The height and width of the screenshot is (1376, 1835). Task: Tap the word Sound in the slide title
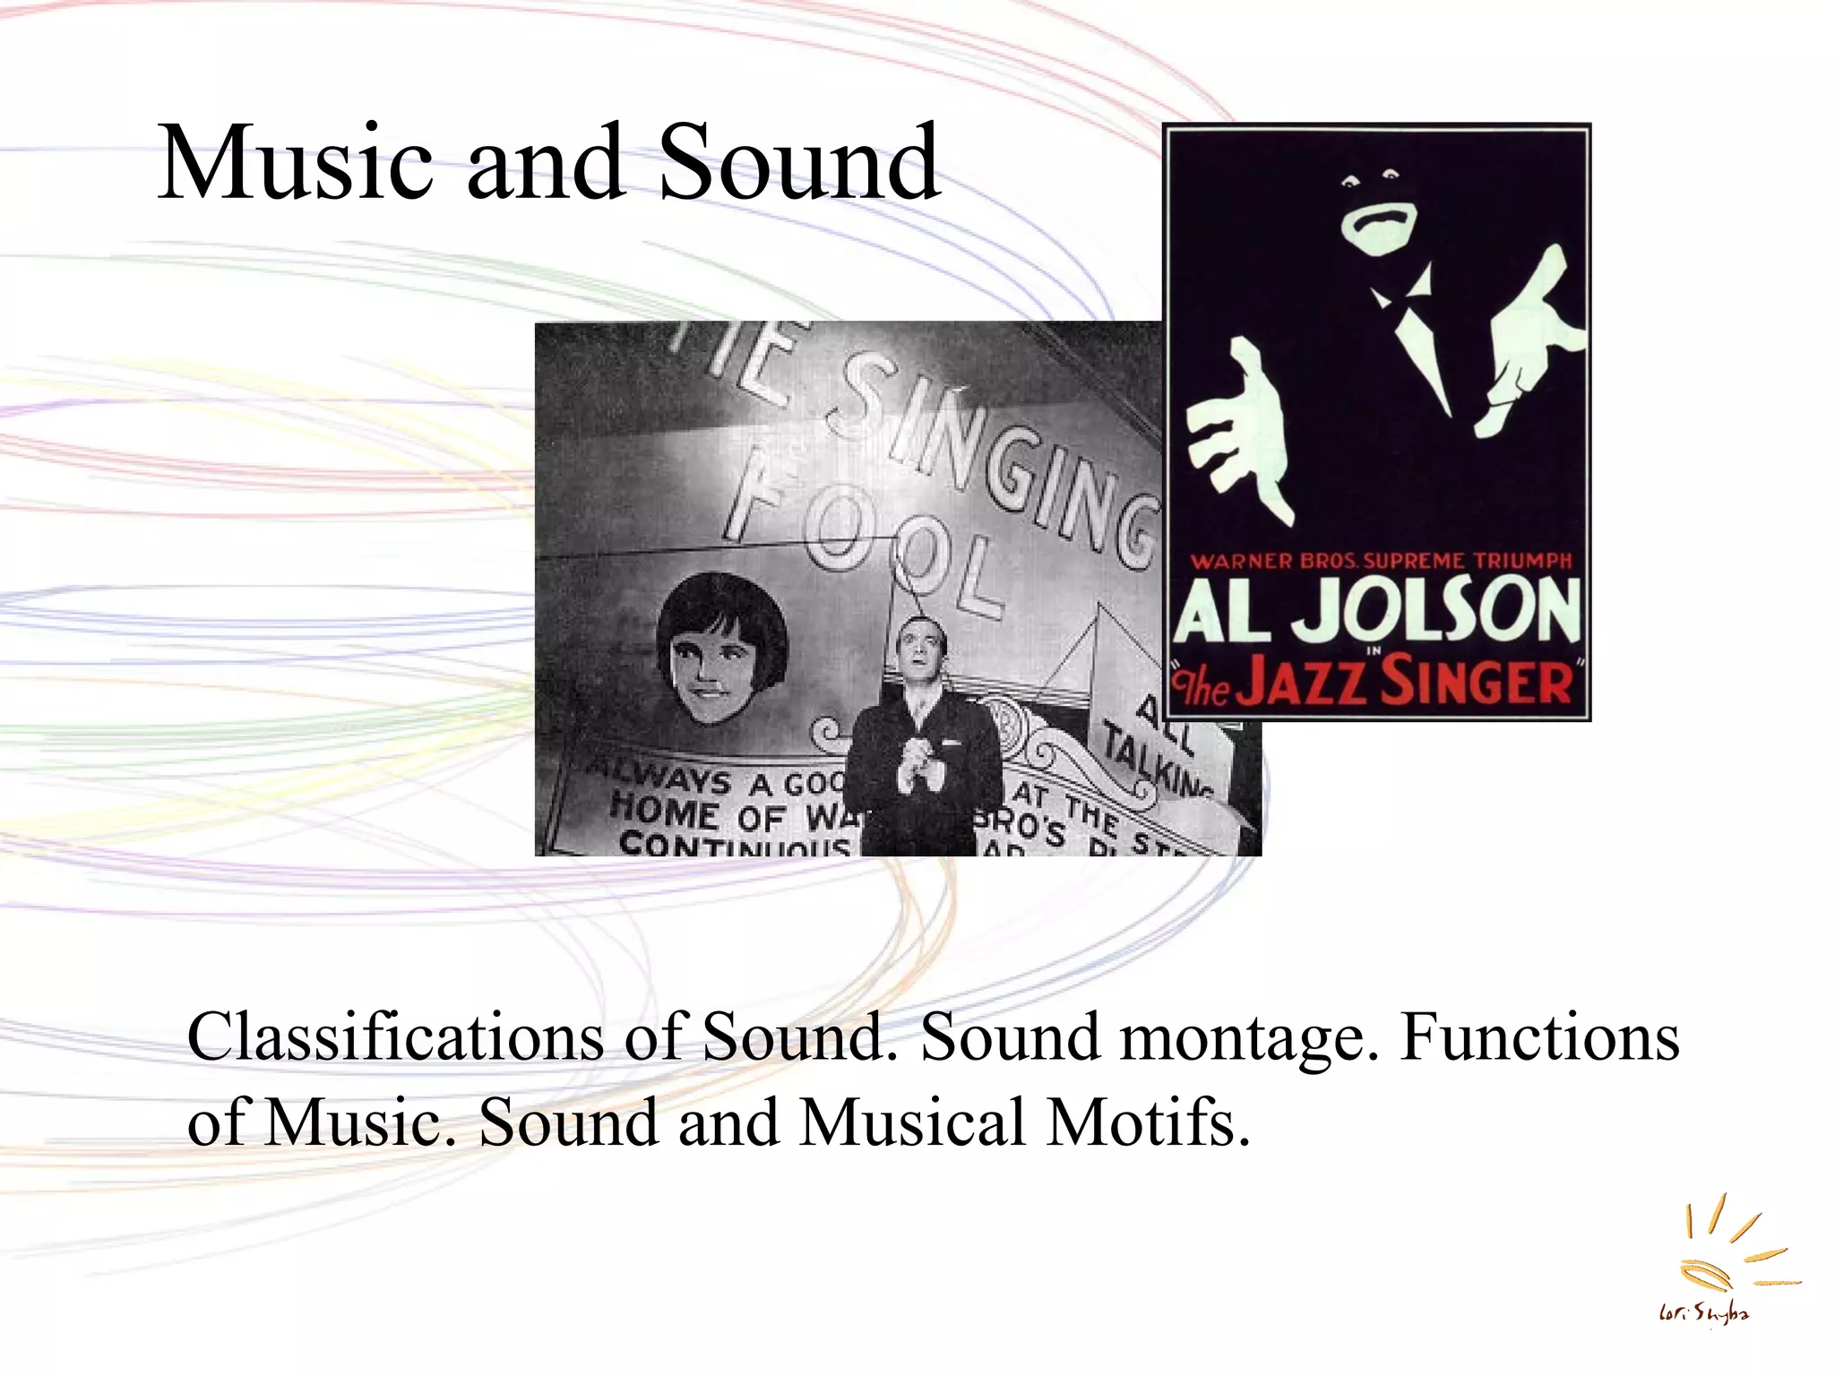click(798, 164)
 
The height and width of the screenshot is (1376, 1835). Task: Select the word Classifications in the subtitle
click(395, 1037)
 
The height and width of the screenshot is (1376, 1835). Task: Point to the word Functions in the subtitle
click(1539, 1037)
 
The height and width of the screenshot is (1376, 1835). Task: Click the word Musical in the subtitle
click(912, 1122)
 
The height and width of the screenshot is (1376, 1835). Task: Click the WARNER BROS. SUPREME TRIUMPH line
click(1380, 562)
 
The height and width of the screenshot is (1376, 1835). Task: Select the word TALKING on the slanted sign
click(1156, 761)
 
